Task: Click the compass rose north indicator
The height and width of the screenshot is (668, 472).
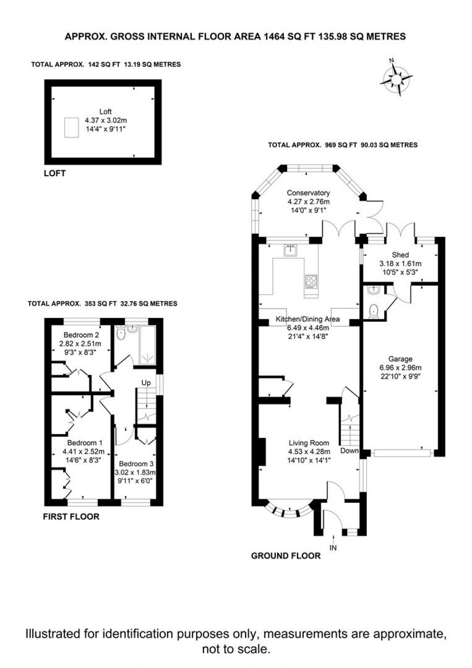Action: (391, 61)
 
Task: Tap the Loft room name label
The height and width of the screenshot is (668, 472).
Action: (105, 112)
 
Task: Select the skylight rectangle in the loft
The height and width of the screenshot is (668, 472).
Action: (72, 127)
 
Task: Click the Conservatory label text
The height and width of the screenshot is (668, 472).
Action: (309, 193)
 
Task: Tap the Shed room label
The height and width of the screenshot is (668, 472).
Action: (400, 255)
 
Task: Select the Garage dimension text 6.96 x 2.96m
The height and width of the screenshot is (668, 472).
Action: (400, 368)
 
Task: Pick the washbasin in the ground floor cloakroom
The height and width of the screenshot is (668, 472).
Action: (373, 290)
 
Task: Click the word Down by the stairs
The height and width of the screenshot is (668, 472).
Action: (349, 450)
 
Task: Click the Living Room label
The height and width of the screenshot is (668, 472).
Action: (309, 443)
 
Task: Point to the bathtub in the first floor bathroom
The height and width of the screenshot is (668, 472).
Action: (147, 345)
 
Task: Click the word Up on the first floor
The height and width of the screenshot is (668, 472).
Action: (146, 383)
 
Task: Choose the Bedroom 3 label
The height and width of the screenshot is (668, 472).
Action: (136, 464)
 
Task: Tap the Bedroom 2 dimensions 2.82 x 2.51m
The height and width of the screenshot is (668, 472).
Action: (80, 344)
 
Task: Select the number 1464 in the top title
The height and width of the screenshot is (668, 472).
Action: (272, 36)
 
